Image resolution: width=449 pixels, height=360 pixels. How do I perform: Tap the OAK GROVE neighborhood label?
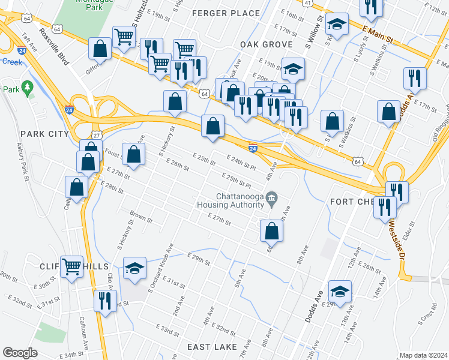pyautogui.click(x=266, y=44)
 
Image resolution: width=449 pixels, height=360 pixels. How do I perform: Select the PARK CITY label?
pyautogui.click(x=44, y=134)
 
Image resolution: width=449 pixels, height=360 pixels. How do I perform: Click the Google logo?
pyautogui.click(x=20, y=352)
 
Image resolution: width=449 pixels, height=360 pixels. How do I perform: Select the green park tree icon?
pyautogui.click(x=27, y=89)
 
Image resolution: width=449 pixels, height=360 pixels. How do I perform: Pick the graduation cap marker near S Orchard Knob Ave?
pyautogui.click(x=134, y=268)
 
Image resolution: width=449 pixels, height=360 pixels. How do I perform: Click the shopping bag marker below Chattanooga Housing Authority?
pyautogui.click(x=271, y=231)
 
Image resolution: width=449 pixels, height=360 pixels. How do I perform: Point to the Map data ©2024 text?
pyautogui.click(x=423, y=355)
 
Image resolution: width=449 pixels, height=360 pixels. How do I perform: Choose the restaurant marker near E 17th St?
pyautogui.click(x=415, y=77)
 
